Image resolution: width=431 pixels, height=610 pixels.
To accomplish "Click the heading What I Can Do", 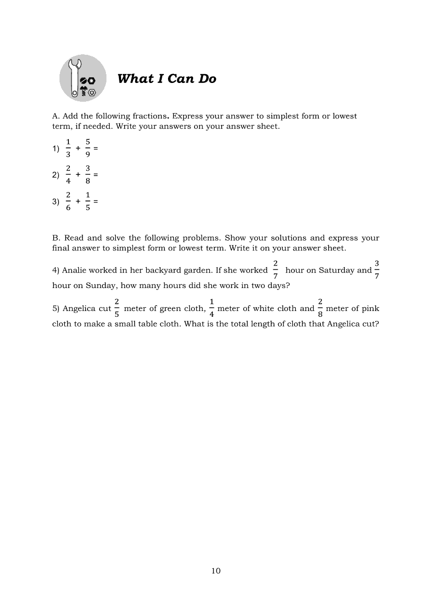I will [166, 79].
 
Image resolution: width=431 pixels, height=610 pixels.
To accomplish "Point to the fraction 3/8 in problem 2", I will [88, 175].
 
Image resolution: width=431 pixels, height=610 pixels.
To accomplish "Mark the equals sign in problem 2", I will [96, 175].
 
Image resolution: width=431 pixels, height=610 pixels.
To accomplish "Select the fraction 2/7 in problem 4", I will [276, 270].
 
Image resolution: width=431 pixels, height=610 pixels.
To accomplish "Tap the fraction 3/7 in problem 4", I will [377, 270].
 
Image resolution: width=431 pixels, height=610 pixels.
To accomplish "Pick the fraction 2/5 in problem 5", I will [117, 308].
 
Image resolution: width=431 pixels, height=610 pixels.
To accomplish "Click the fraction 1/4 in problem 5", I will [211, 308].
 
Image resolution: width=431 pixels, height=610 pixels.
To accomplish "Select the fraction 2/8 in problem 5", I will [320, 308].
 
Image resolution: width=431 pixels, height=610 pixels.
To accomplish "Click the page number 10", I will [216, 571].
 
